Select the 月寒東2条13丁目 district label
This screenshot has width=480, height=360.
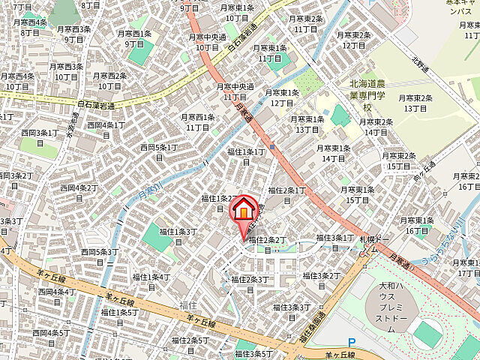coord(415,103)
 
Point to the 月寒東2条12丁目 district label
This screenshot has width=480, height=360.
coord(355,40)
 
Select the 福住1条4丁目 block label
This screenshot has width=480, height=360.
coord(151,281)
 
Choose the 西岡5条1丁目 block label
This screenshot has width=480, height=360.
coord(157,151)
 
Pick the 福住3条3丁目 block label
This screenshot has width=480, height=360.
coord(292,311)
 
